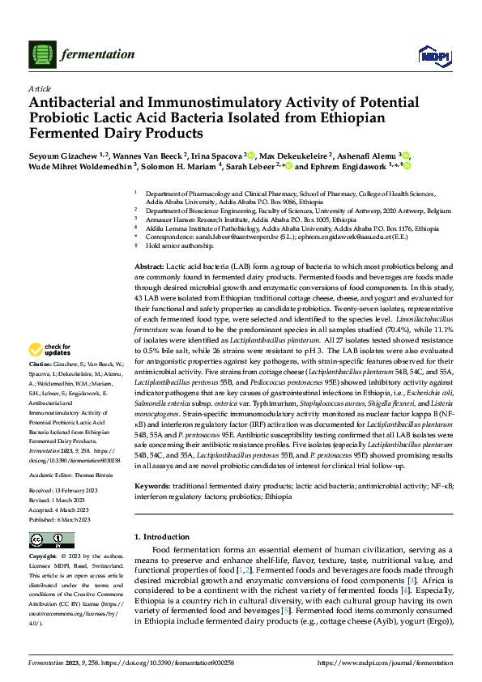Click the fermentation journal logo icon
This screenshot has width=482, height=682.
[41, 55]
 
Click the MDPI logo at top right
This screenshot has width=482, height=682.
[429, 55]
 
